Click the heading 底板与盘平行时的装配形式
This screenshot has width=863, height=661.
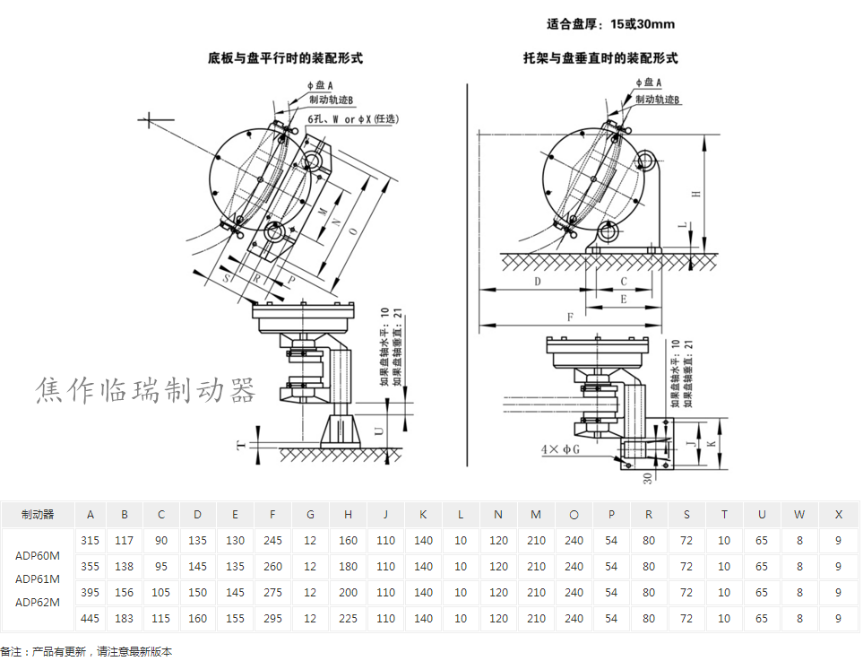285,59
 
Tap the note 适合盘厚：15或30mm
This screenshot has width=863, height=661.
610,24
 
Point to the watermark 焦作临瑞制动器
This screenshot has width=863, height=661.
146,390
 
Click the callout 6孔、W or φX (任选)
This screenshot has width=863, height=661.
353,118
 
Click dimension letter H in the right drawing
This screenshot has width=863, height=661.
695,194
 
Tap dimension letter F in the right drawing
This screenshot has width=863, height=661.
570,317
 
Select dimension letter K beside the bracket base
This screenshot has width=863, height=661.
712,444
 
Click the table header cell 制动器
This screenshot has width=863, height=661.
39,515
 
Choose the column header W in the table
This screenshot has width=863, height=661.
799,515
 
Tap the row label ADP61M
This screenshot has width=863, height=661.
39,578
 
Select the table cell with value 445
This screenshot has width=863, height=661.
90,619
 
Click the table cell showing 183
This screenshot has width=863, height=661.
125,619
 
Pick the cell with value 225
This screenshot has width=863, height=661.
349,619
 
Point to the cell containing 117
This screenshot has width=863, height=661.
125,541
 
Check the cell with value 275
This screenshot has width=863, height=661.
273,593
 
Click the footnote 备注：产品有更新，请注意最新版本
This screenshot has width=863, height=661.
87,652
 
